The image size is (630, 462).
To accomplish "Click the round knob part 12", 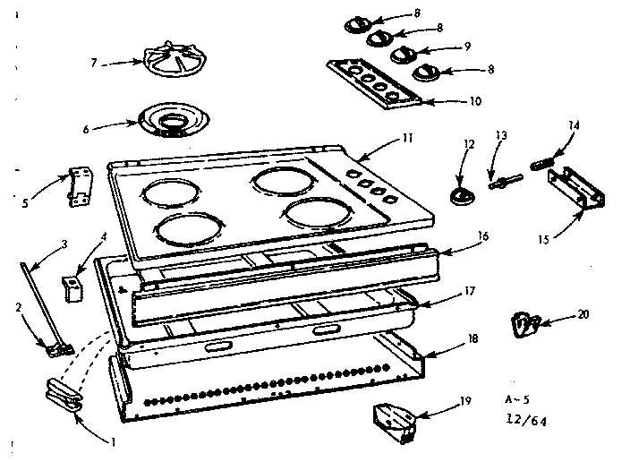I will tap(461, 196).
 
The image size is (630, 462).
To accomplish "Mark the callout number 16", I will tap(484, 239).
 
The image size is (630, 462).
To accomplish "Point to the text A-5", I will tap(516, 397).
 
